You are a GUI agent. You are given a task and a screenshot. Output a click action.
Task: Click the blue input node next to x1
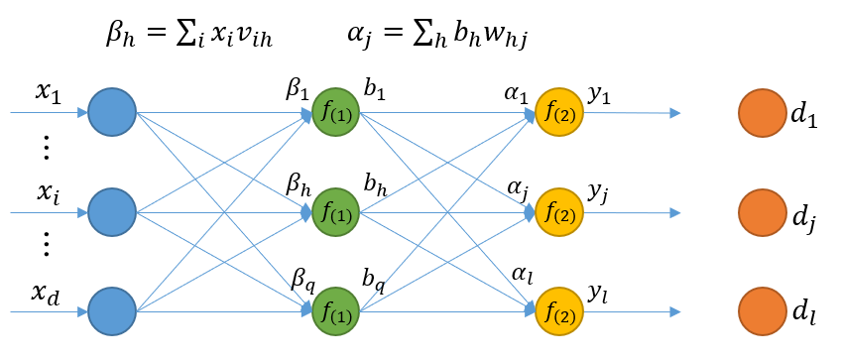click(111, 112)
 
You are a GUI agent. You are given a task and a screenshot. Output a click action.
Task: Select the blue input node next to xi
click(111, 211)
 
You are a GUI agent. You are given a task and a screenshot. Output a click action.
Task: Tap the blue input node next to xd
click(111, 311)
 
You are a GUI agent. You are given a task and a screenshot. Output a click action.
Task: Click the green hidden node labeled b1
click(335, 112)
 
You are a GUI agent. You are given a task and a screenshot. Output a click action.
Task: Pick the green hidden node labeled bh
click(335, 211)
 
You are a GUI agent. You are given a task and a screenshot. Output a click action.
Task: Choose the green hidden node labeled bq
click(335, 311)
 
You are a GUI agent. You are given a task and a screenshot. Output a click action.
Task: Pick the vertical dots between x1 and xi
click(47, 150)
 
